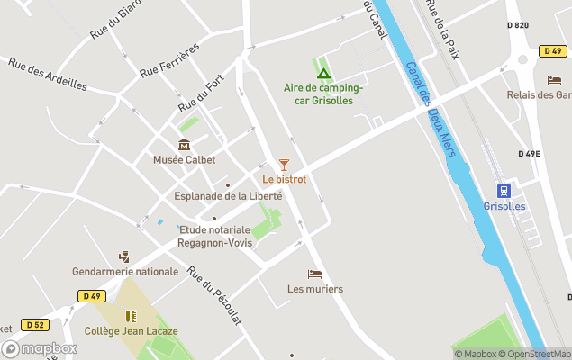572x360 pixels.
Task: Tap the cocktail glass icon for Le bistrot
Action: pyautogui.click(x=284, y=165)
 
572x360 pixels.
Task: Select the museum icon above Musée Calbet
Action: pyautogui.click(x=185, y=145)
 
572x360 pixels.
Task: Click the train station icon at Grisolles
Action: pyautogui.click(x=504, y=191)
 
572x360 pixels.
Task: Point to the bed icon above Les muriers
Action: pyautogui.click(x=314, y=274)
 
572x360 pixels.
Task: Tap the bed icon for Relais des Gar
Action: pyautogui.click(x=554, y=80)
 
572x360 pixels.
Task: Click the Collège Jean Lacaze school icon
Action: pyautogui.click(x=131, y=316)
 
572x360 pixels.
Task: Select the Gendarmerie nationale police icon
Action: pyautogui.click(x=124, y=256)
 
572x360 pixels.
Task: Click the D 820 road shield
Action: pyautogui.click(x=517, y=25)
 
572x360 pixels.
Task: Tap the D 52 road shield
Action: pyautogui.click(x=35, y=324)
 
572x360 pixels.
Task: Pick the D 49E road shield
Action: pyautogui.click(x=530, y=154)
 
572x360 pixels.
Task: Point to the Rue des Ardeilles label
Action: pyautogui.click(x=48, y=75)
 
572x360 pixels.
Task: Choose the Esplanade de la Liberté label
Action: pyautogui.click(x=228, y=196)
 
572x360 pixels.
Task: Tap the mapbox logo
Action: pyautogui.click(x=40, y=348)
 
